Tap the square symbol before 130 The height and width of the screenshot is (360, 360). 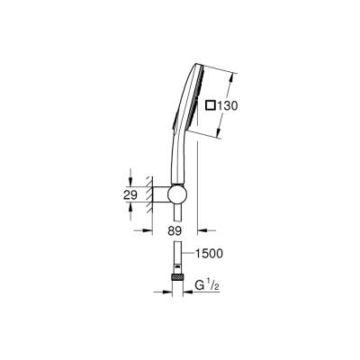212,106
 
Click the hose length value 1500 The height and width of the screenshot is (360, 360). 210,255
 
